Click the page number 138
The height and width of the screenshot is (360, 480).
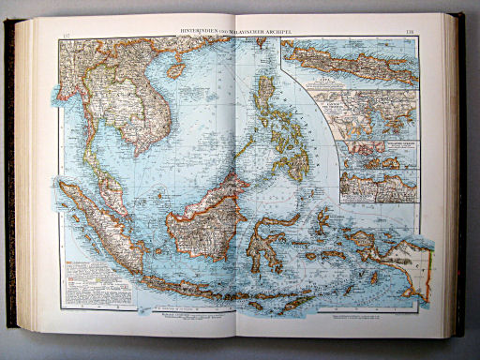click(x=409, y=32)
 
